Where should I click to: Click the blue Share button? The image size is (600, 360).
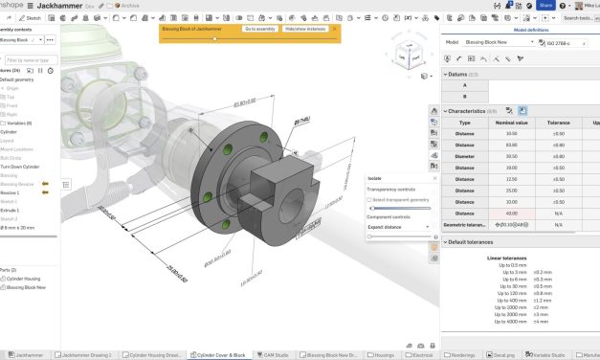(546, 5)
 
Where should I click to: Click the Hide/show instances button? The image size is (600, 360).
(305, 30)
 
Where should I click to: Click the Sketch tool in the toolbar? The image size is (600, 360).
(33, 18)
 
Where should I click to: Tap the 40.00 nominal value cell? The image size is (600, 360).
(511, 214)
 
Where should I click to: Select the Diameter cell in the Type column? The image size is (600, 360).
(465, 156)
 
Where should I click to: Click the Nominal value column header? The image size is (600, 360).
(511, 123)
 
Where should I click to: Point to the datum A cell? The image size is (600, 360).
(465, 84)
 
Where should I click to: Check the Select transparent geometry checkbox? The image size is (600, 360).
(372, 199)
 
